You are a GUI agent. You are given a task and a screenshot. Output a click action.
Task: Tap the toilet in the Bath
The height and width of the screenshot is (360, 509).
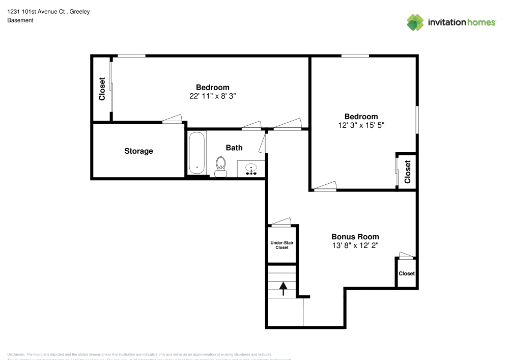pos(220,167)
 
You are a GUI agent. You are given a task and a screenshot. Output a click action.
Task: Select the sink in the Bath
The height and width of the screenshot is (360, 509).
pos(251,169)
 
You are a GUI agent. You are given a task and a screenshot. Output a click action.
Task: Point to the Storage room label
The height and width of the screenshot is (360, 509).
pos(138,151)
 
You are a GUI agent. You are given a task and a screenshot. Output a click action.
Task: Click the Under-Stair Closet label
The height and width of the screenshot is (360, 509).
pos(282,245)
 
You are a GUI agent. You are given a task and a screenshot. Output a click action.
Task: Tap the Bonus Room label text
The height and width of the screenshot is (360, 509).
pos(355,237)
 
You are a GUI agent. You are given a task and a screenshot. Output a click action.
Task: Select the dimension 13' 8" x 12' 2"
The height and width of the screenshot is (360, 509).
pos(355,245)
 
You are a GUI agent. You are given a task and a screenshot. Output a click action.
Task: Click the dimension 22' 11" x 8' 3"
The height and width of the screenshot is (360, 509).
pos(212,96)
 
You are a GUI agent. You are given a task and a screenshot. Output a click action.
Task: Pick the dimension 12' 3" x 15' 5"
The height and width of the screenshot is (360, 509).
pos(361,125)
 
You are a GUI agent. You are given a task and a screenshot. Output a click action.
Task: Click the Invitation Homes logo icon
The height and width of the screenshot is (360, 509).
pos(415,22)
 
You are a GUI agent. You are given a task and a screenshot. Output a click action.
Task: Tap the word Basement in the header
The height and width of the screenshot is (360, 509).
pos(20,20)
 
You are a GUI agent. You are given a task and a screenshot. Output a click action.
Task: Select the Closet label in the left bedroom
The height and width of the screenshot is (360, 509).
pos(102,89)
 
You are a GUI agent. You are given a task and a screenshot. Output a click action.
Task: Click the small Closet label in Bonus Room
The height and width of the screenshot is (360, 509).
pos(406,273)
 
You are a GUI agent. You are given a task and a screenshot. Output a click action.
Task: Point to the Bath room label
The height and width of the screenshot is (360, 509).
pos(234,148)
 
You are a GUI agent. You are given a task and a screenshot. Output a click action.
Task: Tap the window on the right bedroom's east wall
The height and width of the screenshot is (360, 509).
pos(417,120)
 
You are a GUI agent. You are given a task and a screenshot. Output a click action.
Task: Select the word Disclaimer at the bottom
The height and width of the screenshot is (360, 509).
pos(16,354)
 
